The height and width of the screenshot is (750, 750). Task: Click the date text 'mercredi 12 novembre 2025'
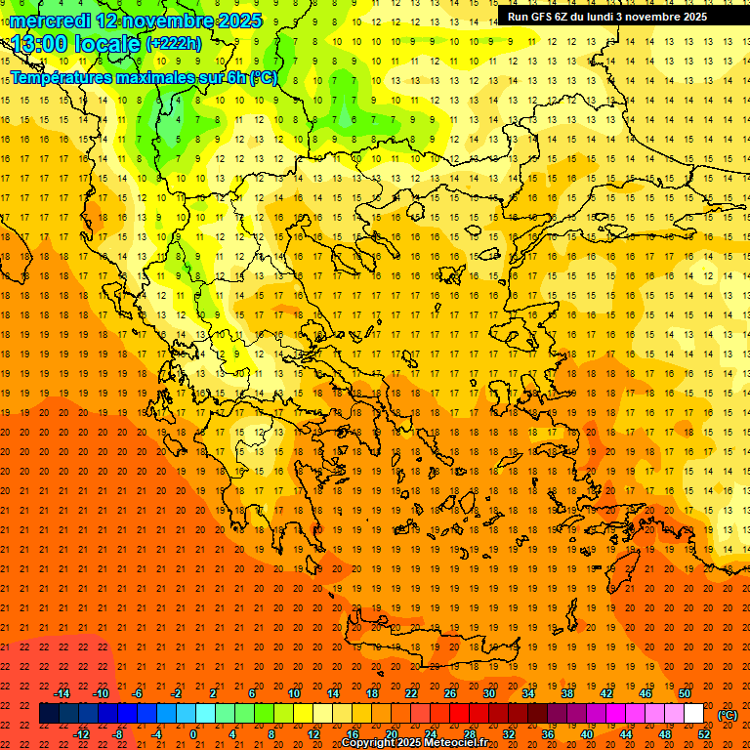pyautogui.click(x=136, y=21)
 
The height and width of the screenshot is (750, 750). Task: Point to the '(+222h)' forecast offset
pyautogui.click(x=174, y=44)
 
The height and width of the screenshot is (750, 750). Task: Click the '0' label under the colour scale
pyautogui.click(x=194, y=734)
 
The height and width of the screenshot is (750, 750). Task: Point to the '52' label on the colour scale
pyautogui.click(x=704, y=734)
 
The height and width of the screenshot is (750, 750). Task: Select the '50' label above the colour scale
pyautogui.click(x=685, y=693)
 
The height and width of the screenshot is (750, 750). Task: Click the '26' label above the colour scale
pyautogui.click(x=450, y=693)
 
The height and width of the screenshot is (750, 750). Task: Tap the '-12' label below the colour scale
pyautogui.click(x=81, y=734)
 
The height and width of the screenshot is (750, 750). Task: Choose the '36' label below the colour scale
pyautogui.click(x=548, y=734)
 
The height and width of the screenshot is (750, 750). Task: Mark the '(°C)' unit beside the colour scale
pyautogui.click(x=727, y=715)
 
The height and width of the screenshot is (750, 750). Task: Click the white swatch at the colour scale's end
pyautogui.click(x=693, y=714)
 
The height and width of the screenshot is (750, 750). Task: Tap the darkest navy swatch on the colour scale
pyautogui.click(x=49, y=714)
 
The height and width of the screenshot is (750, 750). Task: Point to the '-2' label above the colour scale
pyautogui.click(x=176, y=693)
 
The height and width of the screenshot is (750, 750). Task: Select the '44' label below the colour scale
pyautogui.click(x=626, y=734)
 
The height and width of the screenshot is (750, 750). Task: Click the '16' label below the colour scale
pyautogui.click(x=352, y=734)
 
